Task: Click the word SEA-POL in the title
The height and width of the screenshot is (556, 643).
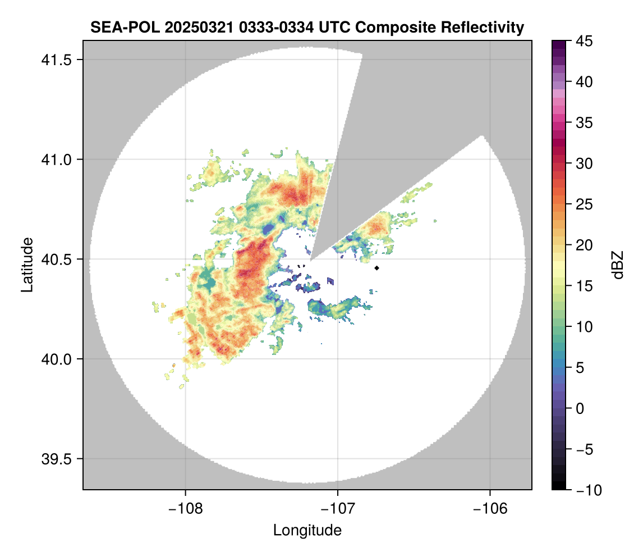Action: [117, 27]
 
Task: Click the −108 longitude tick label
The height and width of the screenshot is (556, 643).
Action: [185, 509]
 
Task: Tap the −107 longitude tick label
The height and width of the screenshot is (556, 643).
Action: [338, 509]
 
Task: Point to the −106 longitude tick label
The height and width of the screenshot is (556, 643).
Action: [490, 509]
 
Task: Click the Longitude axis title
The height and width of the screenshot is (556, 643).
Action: [307, 530]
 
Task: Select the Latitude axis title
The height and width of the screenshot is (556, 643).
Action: [26, 265]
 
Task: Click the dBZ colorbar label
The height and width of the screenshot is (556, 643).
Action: [618, 265]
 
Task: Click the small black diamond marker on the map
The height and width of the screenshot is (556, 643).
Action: [377, 268]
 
